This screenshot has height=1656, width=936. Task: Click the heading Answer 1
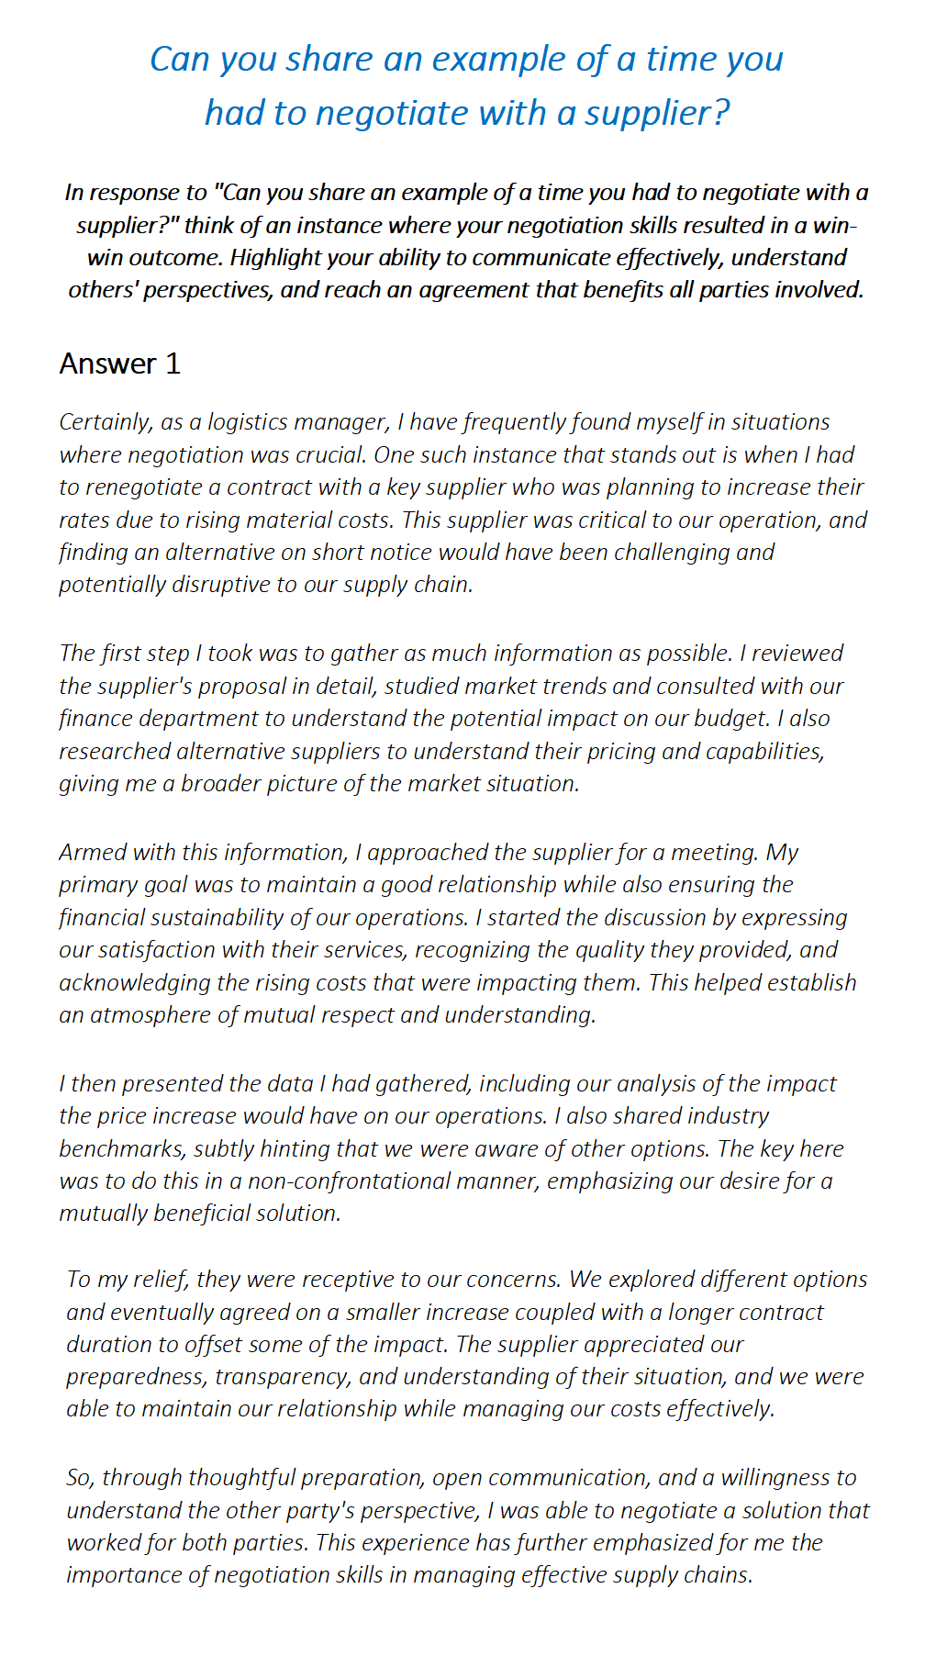(x=119, y=364)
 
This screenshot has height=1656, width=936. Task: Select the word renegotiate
(x=136, y=487)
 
